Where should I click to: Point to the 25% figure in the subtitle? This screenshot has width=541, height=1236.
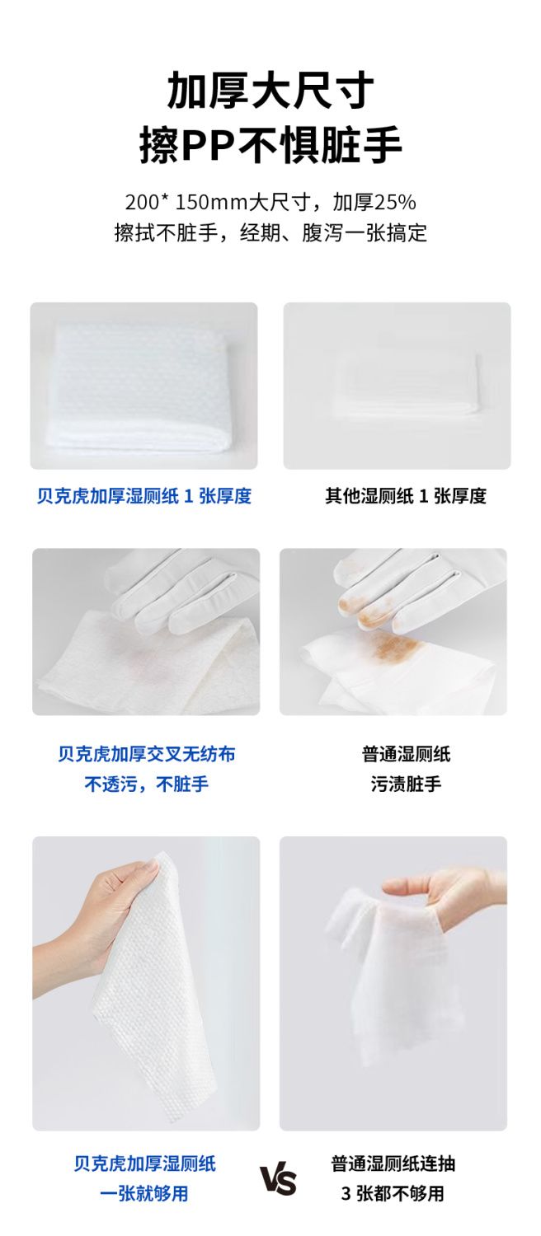pyautogui.click(x=395, y=203)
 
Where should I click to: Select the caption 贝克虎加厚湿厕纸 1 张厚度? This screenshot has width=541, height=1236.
pyautogui.click(x=144, y=496)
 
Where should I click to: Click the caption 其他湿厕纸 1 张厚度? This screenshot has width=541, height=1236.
pyautogui.click(x=406, y=496)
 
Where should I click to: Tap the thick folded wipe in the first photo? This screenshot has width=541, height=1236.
pyautogui.click(x=139, y=386)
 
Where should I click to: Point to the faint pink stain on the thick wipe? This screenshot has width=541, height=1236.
pyautogui.click(x=133, y=651)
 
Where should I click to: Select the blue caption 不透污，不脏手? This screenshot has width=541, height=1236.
pyautogui.click(x=146, y=784)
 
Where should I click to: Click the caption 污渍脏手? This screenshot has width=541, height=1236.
pyautogui.click(x=406, y=784)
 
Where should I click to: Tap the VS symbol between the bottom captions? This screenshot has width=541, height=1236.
pyautogui.click(x=279, y=1180)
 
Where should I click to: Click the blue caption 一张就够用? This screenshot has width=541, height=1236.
pyautogui.click(x=144, y=1193)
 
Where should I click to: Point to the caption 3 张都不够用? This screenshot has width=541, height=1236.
pyautogui.click(x=393, y=1193)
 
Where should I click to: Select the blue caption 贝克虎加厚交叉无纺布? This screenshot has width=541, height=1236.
pyautogui.click(x=146, y=754)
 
